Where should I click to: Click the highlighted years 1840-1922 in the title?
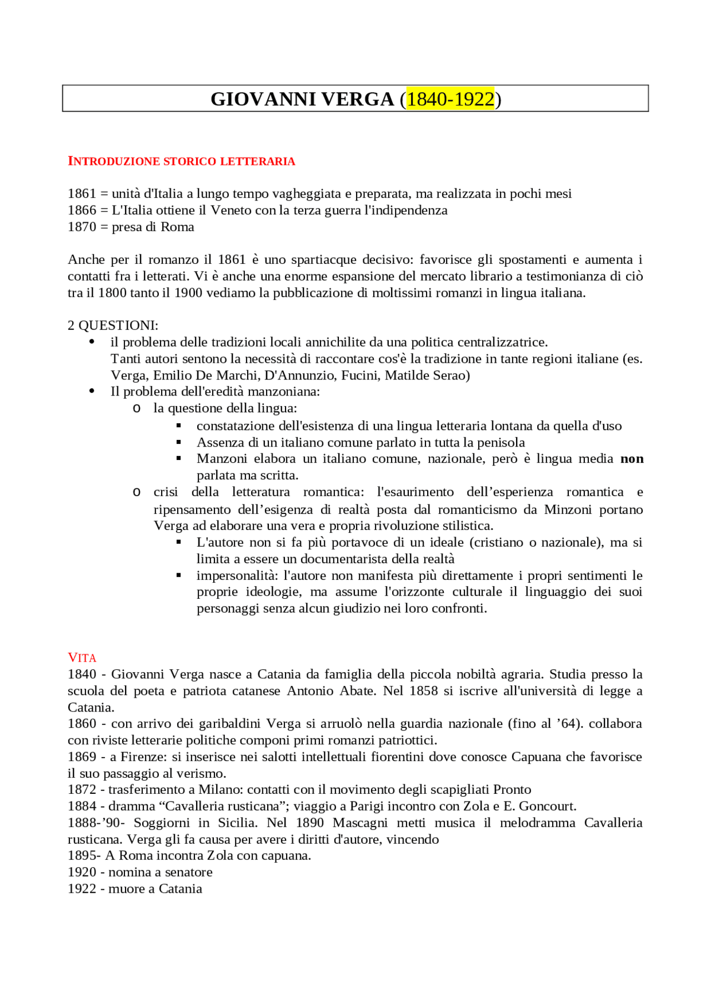pyautogui.click(x=450, y=99)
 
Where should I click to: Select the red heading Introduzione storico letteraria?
pyautogui.click(x=181, y=161)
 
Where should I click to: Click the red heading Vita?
pyautogui.click(x=82, y=658)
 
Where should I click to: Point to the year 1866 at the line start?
pyautogui.click(x=82, y=210)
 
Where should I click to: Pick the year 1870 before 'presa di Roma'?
pyautogui.click(x=82, y=227)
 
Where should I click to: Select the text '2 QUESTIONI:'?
pyautogui.click(x=113, y=325)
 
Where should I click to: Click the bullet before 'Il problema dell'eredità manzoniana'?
pyautogui.click(x=92, y=391)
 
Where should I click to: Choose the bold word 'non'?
pyautogui.click(x=632, y=458)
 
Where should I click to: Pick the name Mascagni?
pyautogui.click(x=360, y=823)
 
